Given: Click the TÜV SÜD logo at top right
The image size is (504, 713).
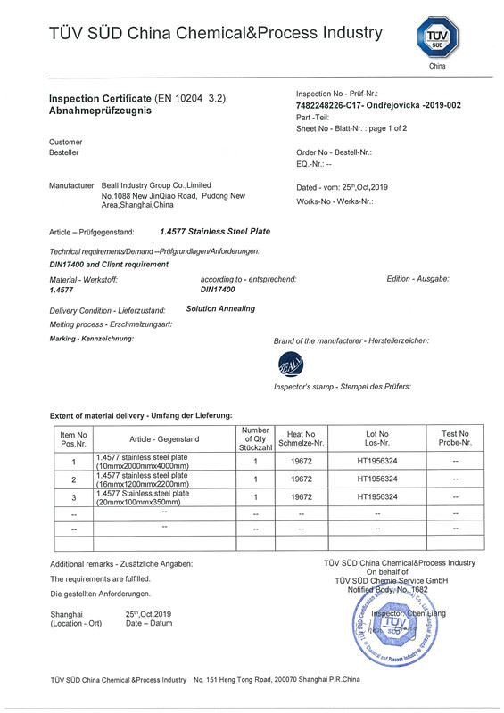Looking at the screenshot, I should (438, 39).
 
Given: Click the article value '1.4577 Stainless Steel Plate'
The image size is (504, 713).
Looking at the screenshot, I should (214, 231).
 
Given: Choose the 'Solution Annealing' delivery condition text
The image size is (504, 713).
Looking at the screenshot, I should (220, 308).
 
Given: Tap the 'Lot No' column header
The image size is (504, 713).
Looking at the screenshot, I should (377, 437).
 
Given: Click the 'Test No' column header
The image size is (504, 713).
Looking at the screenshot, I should (455, 437).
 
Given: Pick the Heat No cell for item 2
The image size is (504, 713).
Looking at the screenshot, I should (301, 479).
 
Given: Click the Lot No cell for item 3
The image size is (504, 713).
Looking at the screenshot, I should (376, 496).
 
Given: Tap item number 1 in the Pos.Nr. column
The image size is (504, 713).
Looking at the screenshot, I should (73, 462).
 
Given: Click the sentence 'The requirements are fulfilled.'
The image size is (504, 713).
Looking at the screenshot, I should (100, 578).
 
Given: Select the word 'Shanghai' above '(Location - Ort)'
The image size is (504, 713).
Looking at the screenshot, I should (66, 614).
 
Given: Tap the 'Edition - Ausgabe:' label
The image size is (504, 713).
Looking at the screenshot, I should (417, 279).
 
